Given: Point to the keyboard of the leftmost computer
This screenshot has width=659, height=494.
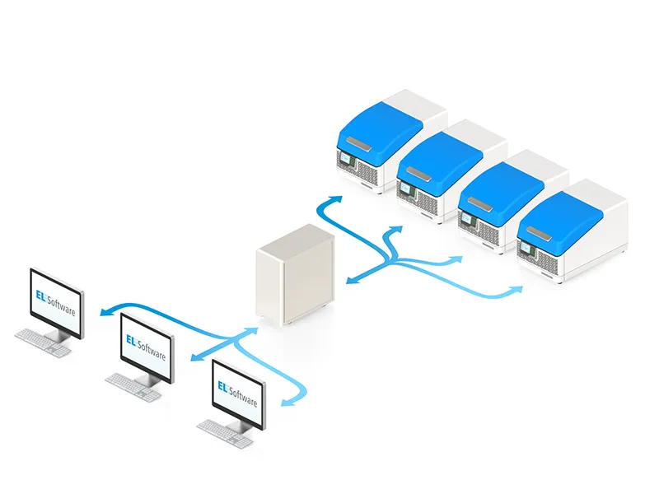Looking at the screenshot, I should (42, 340).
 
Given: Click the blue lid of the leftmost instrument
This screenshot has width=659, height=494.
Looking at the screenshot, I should (379, 128).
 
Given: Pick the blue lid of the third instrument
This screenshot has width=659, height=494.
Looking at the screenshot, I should (500, 187).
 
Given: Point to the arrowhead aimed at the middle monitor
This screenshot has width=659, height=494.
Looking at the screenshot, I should (195, 357).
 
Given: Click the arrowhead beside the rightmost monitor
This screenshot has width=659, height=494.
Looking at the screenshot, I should (287, 402).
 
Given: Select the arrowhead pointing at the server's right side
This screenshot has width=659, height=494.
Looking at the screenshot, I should (351, 280).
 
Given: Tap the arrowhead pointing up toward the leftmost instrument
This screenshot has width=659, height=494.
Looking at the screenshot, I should (333, 200).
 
